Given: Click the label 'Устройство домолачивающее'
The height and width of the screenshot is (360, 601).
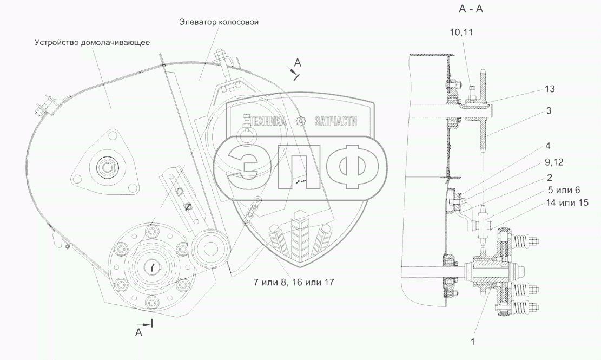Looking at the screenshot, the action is (92, 42).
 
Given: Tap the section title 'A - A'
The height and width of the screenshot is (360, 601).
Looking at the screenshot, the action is (471, 9).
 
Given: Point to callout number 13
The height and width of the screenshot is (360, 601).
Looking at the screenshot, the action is (549, 89).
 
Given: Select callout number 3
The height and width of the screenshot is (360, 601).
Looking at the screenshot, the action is (549, 111).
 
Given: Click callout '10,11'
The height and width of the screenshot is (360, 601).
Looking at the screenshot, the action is (461, 32).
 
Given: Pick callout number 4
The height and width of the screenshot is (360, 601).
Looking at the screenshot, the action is (548, 146).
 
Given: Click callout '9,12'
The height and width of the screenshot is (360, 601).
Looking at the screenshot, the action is (554, 162).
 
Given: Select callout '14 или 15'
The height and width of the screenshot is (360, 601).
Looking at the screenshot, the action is (567, 203).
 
